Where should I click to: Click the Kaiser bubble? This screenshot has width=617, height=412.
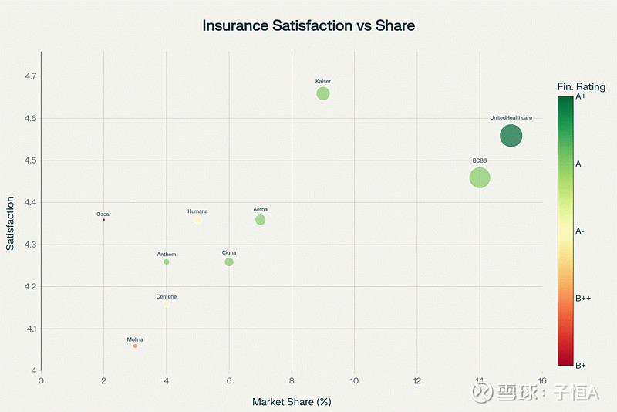point(323,93)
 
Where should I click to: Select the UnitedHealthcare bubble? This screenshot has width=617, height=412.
point(511,136)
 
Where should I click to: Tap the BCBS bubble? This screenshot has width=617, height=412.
point(480,177)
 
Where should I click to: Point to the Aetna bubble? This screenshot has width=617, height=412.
point(261,220)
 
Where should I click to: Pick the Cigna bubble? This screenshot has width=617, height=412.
point(229,262)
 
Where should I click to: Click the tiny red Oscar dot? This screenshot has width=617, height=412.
point(103,220)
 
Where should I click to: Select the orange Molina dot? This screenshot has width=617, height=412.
point(135,346)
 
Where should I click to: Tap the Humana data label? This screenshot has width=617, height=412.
point(197,211)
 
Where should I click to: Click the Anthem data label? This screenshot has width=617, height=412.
point(167,255)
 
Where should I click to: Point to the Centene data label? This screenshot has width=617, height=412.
point(167,297)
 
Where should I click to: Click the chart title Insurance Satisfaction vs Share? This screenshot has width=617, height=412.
point(308,25)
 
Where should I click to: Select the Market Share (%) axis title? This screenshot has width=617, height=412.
point(292,402)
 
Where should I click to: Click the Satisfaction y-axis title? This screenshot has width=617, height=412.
point(11,224)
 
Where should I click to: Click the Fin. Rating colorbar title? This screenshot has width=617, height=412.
point(581,87)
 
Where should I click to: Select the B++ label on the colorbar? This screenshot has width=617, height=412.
point(585,298)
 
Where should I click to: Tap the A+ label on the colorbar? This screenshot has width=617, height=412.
point(582,96)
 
